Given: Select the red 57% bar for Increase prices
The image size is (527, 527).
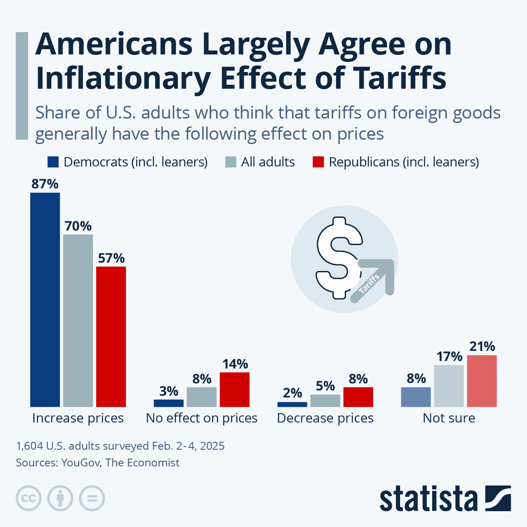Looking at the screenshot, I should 111,336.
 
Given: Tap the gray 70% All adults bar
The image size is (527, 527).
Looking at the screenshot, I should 78,321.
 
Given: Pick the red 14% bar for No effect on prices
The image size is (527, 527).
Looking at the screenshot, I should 235,390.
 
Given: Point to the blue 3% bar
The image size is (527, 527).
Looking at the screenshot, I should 169,403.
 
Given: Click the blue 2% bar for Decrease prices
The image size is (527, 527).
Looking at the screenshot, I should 292,404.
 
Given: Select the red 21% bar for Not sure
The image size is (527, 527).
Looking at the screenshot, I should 482,381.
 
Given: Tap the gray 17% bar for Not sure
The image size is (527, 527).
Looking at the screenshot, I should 449,386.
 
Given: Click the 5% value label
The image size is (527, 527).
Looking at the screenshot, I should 325,386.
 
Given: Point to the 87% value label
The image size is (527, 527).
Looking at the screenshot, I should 45,184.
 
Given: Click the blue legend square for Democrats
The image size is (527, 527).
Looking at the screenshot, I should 53,162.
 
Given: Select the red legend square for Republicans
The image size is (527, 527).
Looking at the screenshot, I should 318,162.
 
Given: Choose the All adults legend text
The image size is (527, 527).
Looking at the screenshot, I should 268,162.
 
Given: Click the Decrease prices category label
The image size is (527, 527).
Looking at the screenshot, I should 325,418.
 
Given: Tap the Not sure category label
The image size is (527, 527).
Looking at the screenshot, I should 449,418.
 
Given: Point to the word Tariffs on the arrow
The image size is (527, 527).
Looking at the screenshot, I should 369,284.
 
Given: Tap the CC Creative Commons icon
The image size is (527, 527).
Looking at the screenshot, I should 29,498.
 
